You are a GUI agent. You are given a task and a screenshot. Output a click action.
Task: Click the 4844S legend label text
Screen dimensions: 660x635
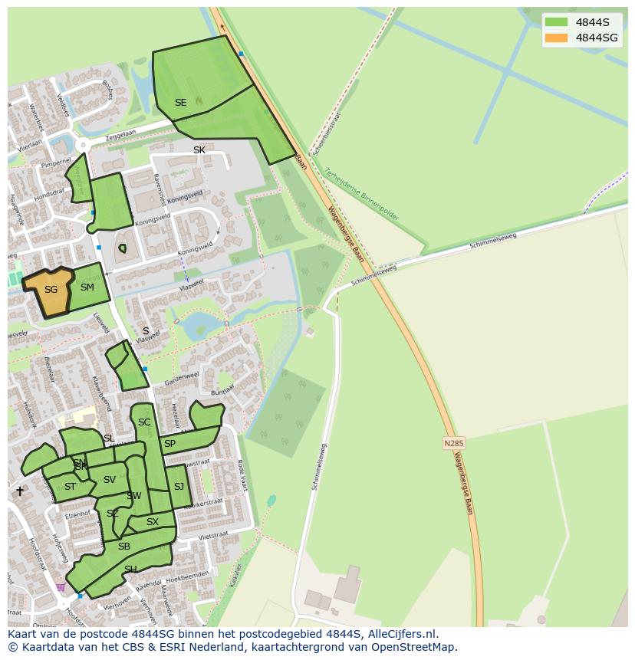(x=592, y=22)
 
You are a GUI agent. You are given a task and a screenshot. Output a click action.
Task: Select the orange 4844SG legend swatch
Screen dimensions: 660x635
(x=557, y=38)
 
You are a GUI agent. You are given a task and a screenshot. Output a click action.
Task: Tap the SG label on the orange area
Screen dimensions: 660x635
(x=51, y=290)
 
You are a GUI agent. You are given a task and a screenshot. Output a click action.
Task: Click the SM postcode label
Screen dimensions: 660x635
(x=87, y=287)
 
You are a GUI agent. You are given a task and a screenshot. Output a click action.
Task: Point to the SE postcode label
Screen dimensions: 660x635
(x=180, y=103)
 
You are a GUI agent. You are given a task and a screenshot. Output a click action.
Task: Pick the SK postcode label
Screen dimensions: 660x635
(x=199, y=150)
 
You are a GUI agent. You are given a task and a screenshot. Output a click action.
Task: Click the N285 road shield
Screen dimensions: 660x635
(x=454, y=443)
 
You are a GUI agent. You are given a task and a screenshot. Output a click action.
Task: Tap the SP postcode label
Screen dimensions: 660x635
(x=169, y=444)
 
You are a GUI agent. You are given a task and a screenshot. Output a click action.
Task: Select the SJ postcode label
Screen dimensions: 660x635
(x=179, y=487)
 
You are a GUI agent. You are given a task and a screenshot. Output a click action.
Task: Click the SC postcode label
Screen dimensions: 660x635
(x=144, y=422)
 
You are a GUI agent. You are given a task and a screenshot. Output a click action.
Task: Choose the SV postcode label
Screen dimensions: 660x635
(x=109, y=480)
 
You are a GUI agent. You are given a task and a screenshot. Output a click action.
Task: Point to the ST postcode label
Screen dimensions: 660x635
(x=70, y=487)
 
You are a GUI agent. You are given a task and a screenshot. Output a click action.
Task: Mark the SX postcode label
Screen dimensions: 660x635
(x=152, y=522)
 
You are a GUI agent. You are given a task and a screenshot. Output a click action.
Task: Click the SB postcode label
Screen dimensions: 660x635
(x=124, y=547)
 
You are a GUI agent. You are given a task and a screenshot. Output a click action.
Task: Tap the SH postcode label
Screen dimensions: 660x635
(x=130, y=569)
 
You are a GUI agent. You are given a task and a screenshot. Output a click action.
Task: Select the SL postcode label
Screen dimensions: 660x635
(x=109, y=438)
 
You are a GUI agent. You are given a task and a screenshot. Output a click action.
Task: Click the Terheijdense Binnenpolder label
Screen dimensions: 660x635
(x=361, y=194)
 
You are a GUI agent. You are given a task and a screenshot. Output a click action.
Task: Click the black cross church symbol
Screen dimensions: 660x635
(x=20, y=491)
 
